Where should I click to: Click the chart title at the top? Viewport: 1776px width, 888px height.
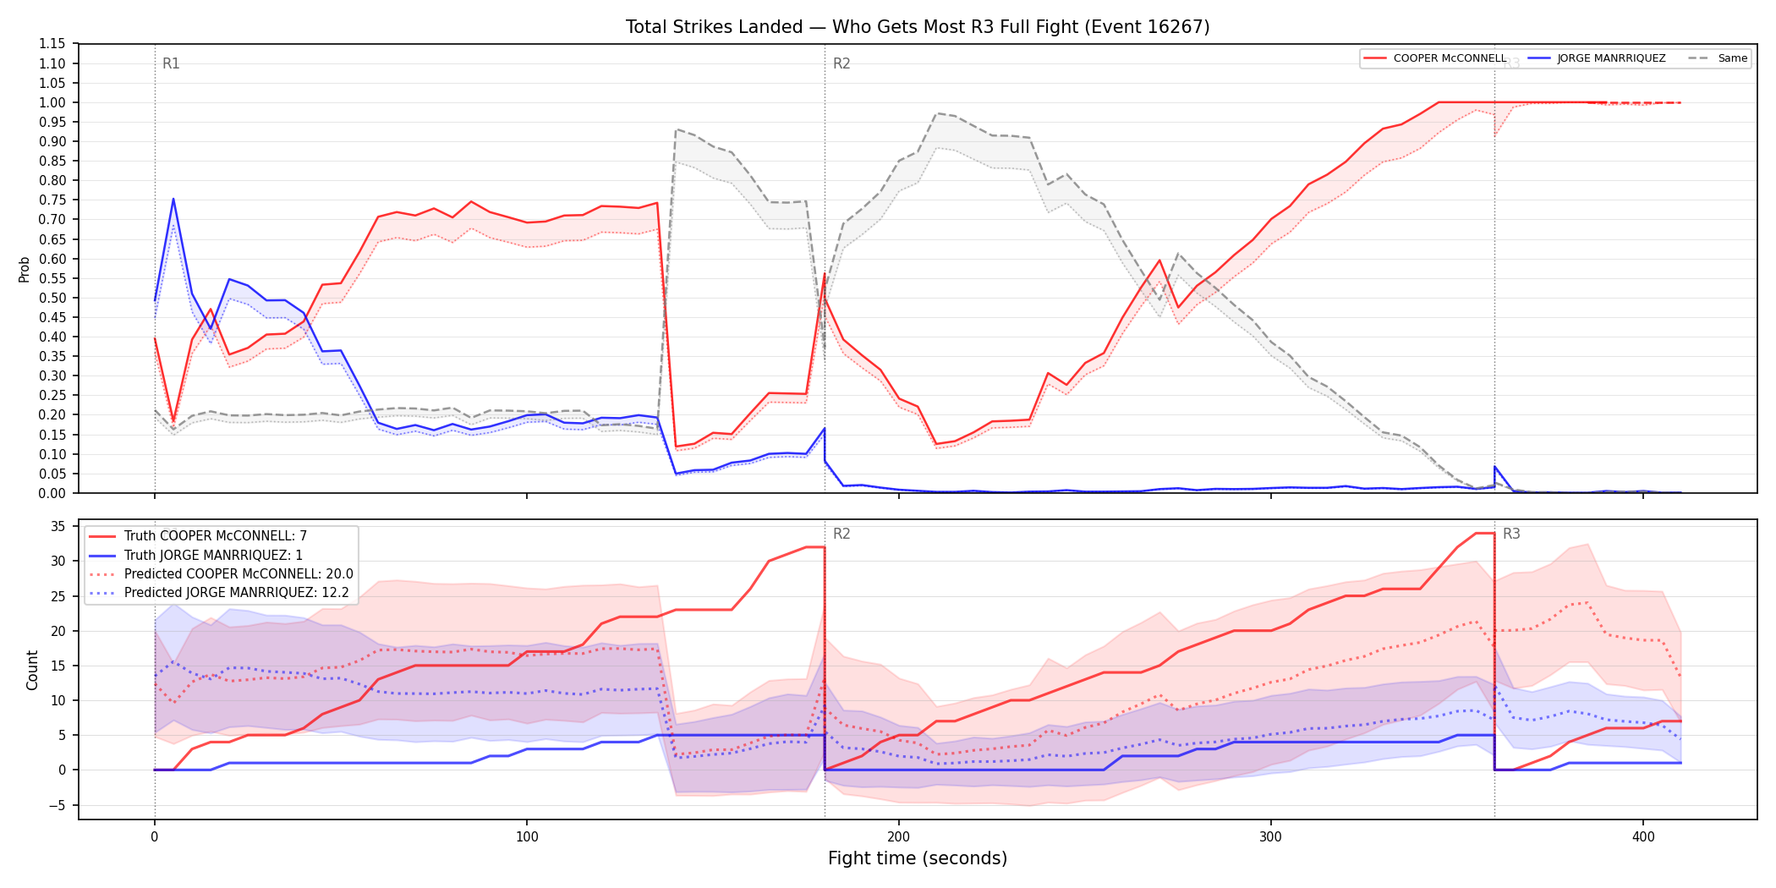tap(918, 27)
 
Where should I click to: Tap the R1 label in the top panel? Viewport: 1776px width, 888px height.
tap(171, 63)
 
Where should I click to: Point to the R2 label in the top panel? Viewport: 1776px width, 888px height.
tap(841, 63)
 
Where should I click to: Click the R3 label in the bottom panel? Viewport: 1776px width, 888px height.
tap(1511, 534)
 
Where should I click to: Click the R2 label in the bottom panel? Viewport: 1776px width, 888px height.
tap(841, 534)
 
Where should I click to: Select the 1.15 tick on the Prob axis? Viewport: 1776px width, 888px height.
tap(52, 44)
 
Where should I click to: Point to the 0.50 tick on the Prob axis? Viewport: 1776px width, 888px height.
tap(52, 298)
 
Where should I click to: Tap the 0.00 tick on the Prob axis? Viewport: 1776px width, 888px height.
tap(52, 493)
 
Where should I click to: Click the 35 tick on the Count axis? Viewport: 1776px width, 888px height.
tap(58, 526)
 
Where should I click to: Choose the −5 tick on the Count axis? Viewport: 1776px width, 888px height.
tap(57, 805)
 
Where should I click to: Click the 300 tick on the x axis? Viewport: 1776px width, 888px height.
tap(1270, 837)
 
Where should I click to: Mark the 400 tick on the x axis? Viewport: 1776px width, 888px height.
tap(1643, 837)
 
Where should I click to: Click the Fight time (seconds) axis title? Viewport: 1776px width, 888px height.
tap(918, 858)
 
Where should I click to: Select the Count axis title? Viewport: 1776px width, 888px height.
tap(33, 670)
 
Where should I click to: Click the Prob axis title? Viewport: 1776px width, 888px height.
tap(25, 269)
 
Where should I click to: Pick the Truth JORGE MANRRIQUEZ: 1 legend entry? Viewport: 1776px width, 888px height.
tap(213, 555)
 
